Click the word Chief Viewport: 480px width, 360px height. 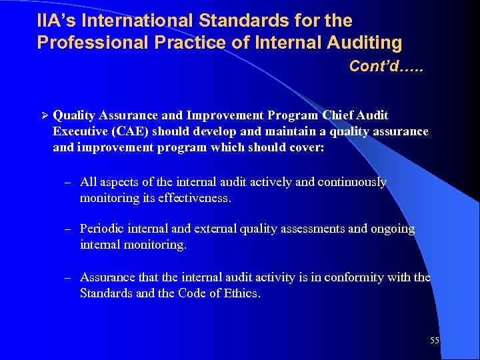335,115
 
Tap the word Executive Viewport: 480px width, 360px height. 80,131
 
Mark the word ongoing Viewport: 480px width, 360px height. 393,229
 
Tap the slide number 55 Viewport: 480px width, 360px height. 435,341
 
